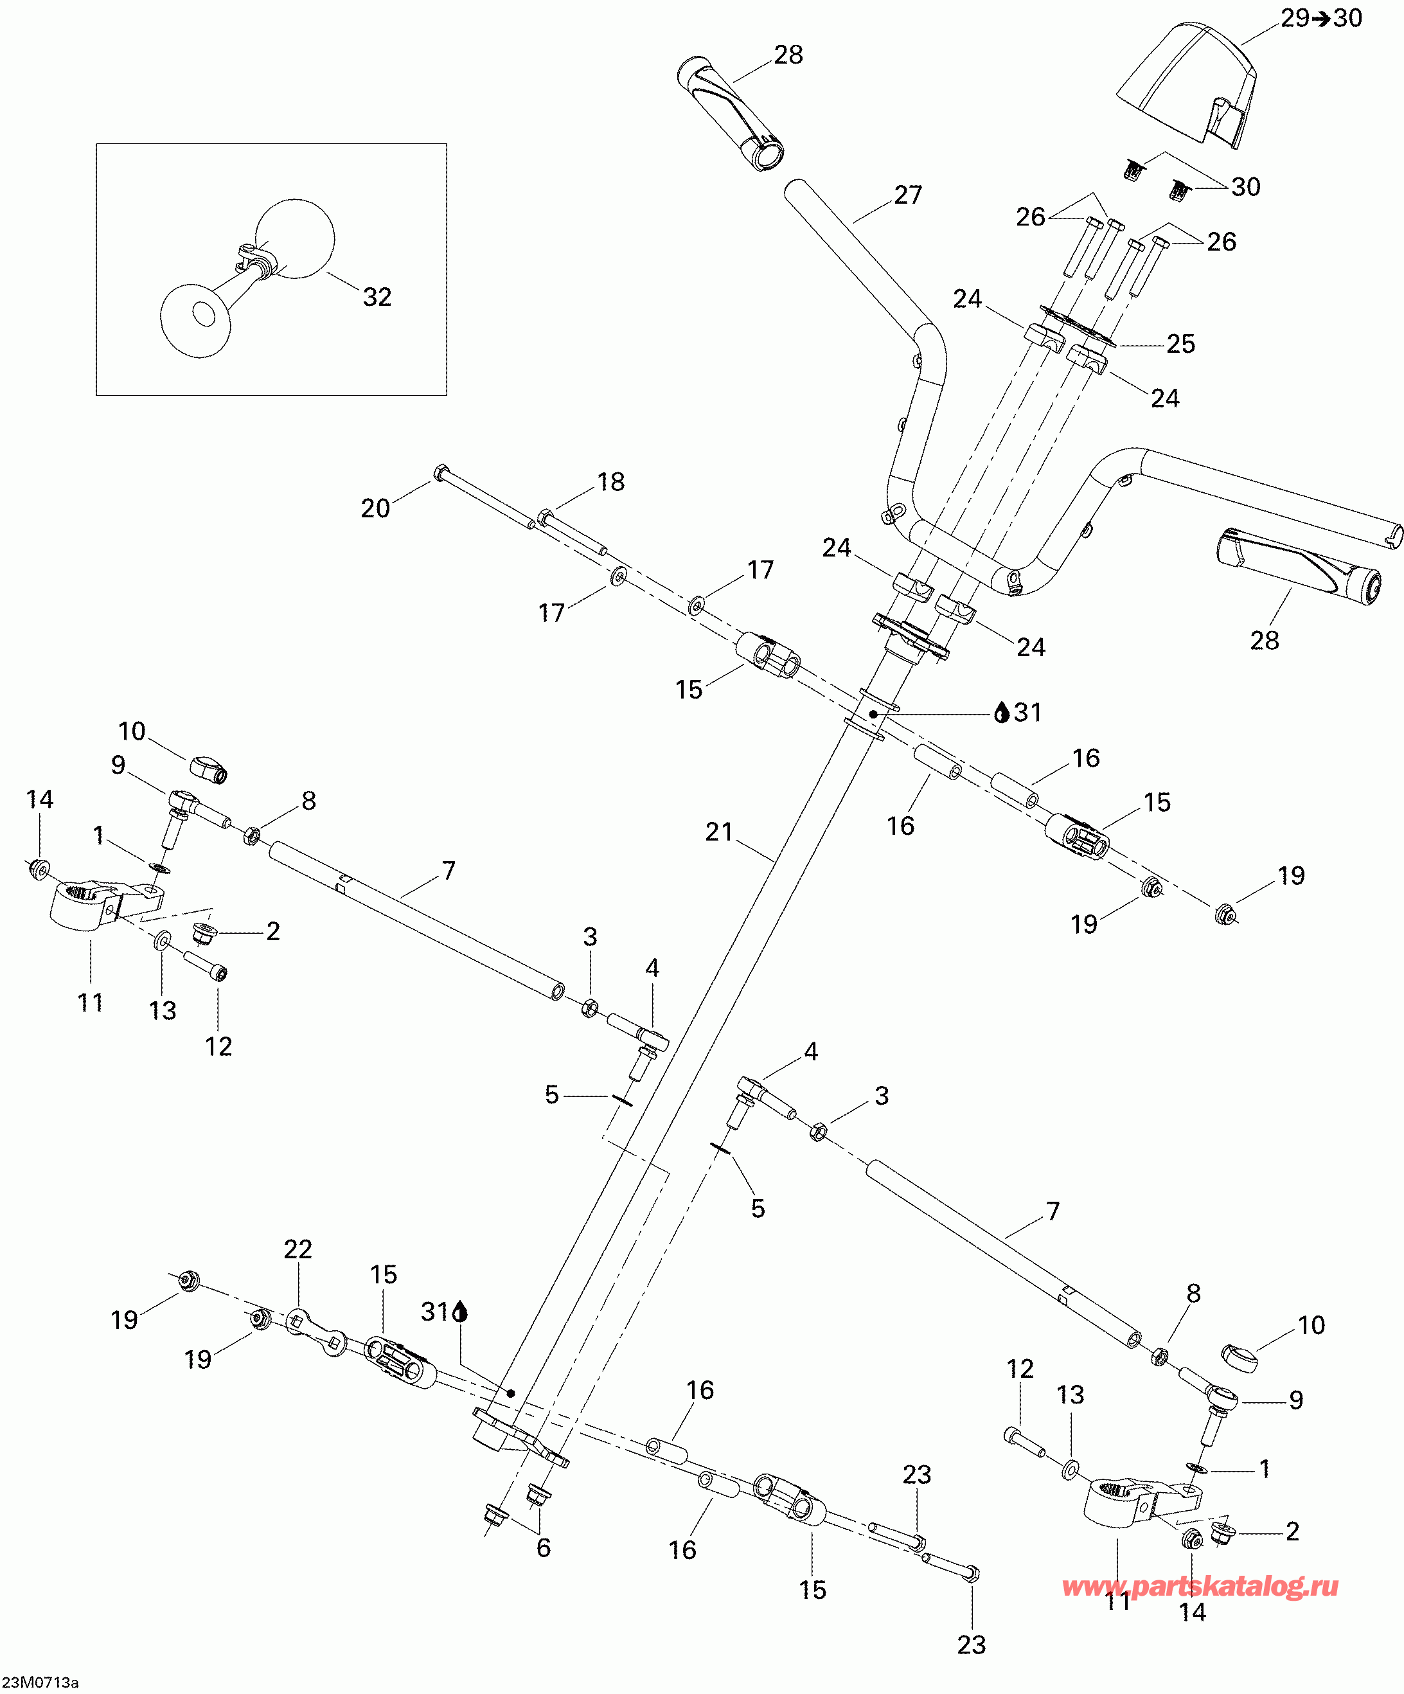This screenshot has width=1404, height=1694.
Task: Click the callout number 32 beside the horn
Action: pyautogui.click(x=377, y=297)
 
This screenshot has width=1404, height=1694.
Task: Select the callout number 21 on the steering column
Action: pyautogui.click(x=718, y=832)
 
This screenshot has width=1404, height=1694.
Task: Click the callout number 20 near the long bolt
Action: pyautogui.click(x=375, y=508)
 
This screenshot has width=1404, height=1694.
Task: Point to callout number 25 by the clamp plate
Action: pyautogui.click(x=1180, y=344)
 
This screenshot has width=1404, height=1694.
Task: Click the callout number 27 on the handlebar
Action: pyautogui.click(x=908, y=195)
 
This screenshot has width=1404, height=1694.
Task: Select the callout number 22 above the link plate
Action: pyautogui.click(x=298, y=1249)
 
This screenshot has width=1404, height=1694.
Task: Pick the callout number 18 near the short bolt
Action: pyautogui.click(x=610, y=481)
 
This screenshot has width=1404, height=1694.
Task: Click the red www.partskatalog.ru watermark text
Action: pyautogui.click(x=1200, y=1586)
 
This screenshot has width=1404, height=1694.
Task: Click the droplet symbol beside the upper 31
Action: pyautogui.click(x=1002, y=712)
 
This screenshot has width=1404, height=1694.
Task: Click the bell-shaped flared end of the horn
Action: pyautogui.click(x=196, y=319)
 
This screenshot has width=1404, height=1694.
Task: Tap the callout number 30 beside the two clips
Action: pyautogui.click(x=1246, y=187)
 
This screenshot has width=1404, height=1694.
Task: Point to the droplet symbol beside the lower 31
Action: pyautogui.click(x=461, y=1312)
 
